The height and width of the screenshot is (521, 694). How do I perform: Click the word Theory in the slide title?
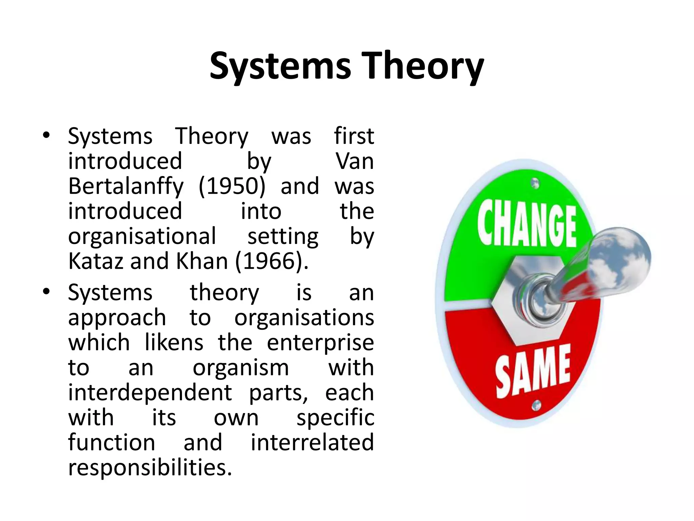pyautogui.click(x=423, y=66)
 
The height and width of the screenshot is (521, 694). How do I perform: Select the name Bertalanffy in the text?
pyautogui.click(x=126, y=187)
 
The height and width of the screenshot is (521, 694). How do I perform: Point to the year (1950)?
pyautogui.click(x=232, y=186)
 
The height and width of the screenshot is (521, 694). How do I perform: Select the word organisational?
pyautogui.click(x=142, y=237)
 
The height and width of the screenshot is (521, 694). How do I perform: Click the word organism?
pyautogui.click(x=241, y=368)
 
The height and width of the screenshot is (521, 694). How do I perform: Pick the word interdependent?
pyautogui.click(x=150, y=393)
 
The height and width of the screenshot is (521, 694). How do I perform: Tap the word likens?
pyautogui.click(x=174, y=343)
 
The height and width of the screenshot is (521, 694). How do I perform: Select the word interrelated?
pyautogui.click(x=312, y=442)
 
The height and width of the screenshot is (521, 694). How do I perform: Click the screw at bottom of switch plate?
pyautogui.click(x=536, y=405)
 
